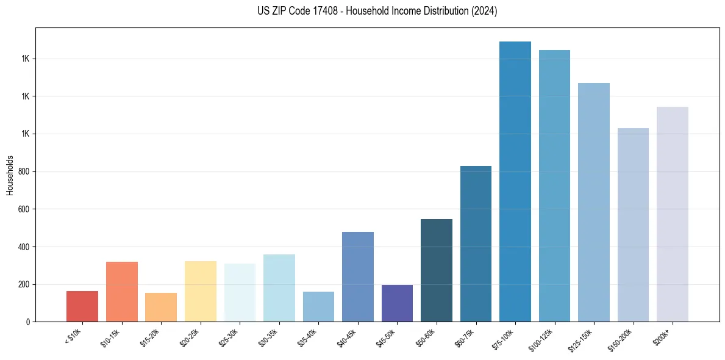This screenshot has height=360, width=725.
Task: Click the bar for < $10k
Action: (x=82, y=306)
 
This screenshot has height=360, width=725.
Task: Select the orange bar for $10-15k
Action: (x=122, y=292)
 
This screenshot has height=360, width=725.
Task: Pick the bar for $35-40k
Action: (x=318, y=307)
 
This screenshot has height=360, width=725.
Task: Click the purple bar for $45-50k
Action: (x=397, y=303)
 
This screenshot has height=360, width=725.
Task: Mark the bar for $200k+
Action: (x=673, y=214)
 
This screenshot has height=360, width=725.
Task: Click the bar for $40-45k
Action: (x=358, y=277)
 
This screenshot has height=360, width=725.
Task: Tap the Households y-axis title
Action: (x=10, y=175)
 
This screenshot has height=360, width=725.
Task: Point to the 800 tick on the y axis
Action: (x=24, y=171)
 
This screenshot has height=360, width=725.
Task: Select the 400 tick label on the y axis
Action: (x=24, y=247)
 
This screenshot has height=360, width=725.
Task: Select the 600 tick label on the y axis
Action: (x=24, y=209)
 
